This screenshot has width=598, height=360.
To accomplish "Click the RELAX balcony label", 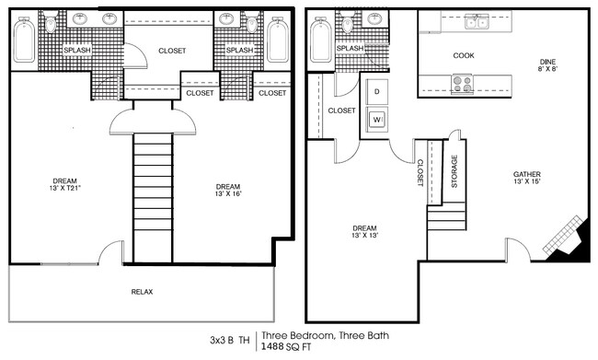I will tap(142, 292).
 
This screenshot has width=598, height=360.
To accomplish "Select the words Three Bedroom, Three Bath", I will tap(320, 335).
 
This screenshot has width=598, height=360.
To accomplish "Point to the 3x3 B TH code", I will tap(229, 340).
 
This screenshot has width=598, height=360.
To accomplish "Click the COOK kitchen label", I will tap(464, 55).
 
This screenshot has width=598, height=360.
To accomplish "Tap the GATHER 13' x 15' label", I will tap(526, 178).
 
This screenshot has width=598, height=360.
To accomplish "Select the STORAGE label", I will tap(454, 171).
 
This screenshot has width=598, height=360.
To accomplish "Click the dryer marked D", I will tap(377, 92).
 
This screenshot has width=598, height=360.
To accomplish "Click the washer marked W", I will tap(377, 118).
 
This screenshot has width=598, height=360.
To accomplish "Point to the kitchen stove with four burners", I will tap(461, 84).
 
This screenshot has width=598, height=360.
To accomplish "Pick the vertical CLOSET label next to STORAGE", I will tap(420, 171).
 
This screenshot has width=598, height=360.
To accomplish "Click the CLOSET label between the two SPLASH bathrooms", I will tap(172, 51).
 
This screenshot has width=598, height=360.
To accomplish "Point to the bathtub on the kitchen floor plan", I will tap(320, 41).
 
